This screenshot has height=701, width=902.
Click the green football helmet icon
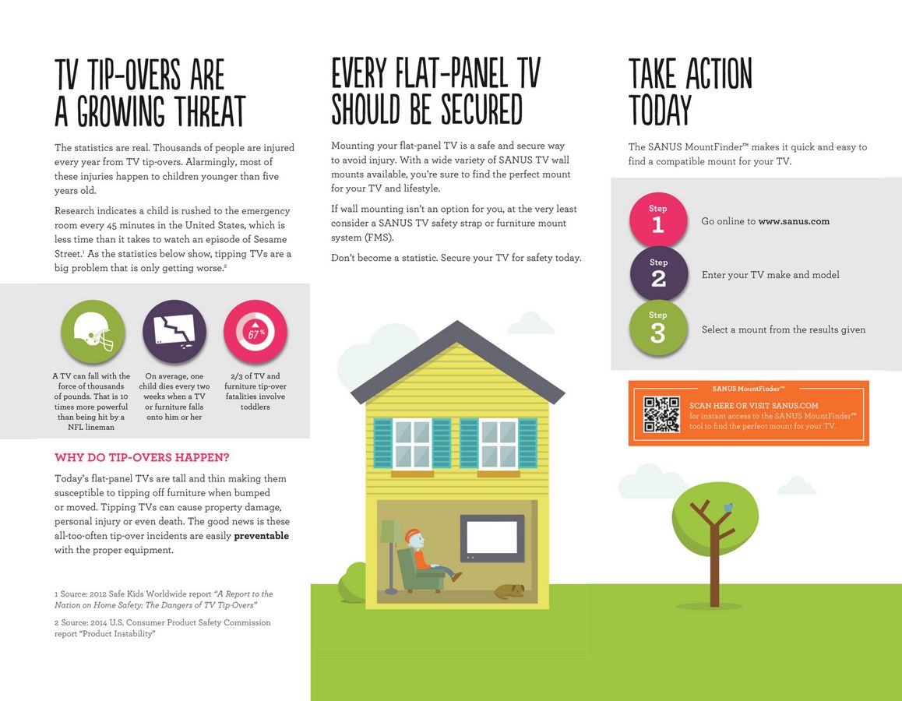[93, 333]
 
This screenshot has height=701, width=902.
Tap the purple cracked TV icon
[174, 333]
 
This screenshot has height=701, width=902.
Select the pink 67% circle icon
[255, 333]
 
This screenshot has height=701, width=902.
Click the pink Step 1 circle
[658, 220]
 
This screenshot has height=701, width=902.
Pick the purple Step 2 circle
[658, 274]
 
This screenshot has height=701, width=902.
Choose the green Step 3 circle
[658, 329]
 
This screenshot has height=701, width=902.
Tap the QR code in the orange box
[661, 414]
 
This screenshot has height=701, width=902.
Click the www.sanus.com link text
[794, 221]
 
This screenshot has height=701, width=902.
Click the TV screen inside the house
[492, 537]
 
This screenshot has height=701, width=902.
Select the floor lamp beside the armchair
[389, 549]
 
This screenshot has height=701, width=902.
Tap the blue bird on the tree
[728, 507]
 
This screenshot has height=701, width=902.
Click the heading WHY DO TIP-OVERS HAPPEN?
[142, 457]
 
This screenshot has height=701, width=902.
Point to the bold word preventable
[261, 536]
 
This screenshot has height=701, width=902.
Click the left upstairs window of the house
[412, 443]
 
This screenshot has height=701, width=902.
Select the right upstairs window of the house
[498, 443]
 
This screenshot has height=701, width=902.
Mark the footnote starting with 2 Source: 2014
[162, 628]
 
